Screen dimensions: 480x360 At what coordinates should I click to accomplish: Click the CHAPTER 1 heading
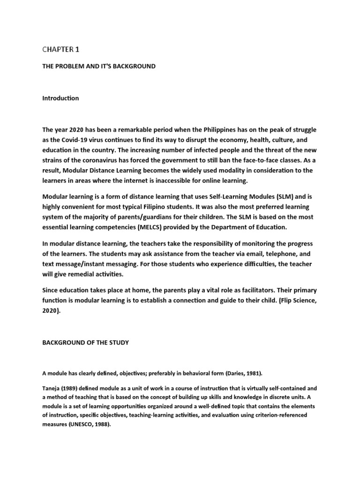click(x=61, y=48)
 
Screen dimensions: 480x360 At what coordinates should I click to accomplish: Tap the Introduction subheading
click(x=60, y=98)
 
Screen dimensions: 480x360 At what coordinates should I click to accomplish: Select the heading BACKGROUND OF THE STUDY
click(x=85, y=343)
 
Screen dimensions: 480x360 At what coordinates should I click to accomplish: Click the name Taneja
click(x=52, y=389)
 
